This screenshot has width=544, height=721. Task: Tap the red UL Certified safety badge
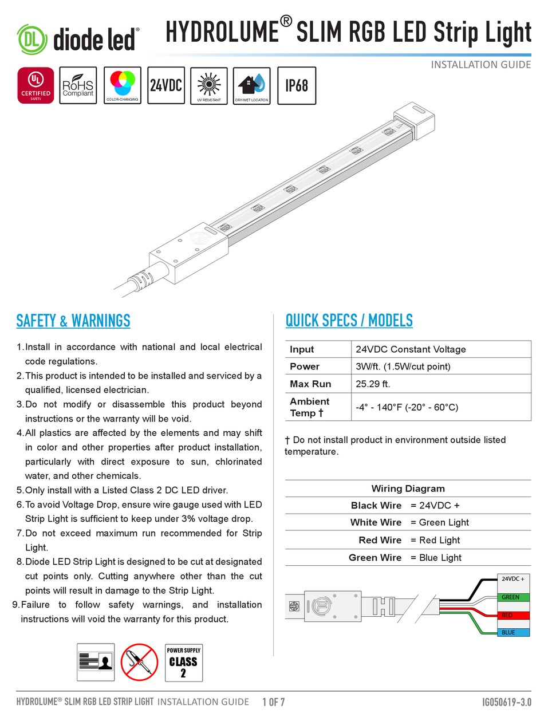click(36, 86)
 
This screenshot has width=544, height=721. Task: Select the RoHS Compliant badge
click(78, 86)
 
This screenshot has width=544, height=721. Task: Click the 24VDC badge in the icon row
click(166, 86)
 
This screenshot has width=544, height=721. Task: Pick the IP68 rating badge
click(297, 86)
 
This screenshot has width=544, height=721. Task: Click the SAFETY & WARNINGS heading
click(73, 321)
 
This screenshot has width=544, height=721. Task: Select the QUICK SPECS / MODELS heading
click(349, 321)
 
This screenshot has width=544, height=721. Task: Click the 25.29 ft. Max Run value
click(373, 384)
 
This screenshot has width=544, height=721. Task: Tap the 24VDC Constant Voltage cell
click(411, 349)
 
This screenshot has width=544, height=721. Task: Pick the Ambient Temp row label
click(309, 407)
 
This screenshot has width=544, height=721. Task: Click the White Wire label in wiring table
click(376, 522)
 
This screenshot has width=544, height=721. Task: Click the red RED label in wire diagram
click(507, 615)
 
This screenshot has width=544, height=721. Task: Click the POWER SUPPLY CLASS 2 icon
click(183, 662)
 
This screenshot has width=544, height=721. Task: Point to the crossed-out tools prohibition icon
click(139, 662)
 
